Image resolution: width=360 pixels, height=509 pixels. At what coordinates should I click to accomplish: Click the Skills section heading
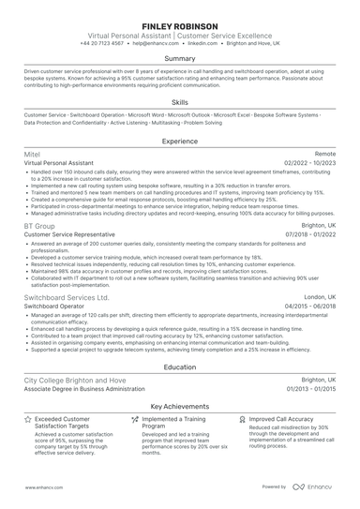[x=179, y=102]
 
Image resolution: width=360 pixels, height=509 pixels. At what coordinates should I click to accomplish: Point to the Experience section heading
[x=179, y=141]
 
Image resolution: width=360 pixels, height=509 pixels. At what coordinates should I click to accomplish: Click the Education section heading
[x=179, y=368]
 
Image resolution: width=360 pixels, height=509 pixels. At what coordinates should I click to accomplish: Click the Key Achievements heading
[x=179, y=406]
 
